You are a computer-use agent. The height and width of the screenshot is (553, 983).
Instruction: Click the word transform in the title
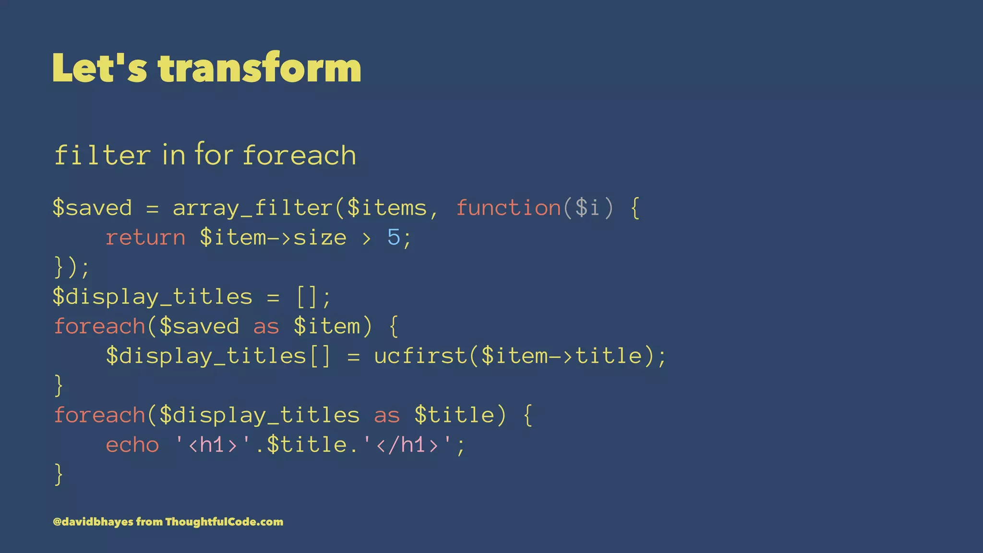[x=259, y=68]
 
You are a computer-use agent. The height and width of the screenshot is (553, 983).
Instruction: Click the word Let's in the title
[x=100, y=68]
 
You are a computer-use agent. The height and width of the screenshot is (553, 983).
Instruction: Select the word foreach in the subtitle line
[x=300, y=156]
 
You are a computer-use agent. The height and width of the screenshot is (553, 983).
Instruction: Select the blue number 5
[x=394, y=237]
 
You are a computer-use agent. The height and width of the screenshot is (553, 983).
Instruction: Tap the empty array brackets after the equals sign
[x=307, y=297]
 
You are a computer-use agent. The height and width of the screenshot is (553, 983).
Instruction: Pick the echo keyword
[x=132, y=445]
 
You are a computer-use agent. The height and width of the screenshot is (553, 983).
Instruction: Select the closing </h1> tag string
[x=407, y=445]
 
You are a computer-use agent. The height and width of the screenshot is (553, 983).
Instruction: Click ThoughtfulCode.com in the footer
[x=224, y=522]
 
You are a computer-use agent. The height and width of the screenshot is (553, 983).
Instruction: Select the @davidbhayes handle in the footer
[x=93, y=522]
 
